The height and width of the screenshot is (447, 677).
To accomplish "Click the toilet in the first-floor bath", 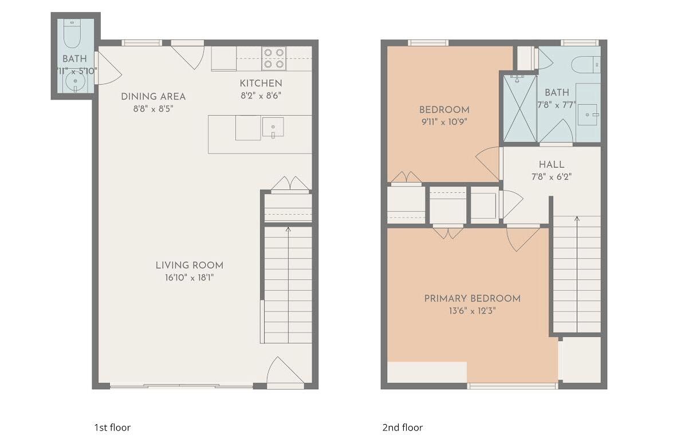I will coord(72,34).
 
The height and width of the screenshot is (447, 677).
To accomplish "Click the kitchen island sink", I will coord(273,128).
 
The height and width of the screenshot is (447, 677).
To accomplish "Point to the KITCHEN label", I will coord(261,83).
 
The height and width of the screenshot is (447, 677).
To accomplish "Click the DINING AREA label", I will coord(153,97).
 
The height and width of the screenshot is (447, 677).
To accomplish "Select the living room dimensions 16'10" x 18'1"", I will coord(189,278).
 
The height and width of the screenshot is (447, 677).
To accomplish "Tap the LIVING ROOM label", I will coord(189,266).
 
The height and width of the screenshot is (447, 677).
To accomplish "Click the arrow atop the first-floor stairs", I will coord(288,230).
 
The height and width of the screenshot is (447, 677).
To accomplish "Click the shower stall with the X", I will coord(519,108).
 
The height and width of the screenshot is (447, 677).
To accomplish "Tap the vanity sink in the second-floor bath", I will coord(588,115).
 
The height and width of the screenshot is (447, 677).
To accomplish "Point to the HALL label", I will coord(551,164).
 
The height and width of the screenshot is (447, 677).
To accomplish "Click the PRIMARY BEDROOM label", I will coord(472,298).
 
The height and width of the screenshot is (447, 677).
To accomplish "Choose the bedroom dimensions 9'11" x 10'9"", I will coord(444,121).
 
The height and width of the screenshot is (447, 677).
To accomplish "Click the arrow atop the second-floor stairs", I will coord(576,219).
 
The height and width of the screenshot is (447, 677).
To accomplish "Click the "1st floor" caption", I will coord(112,428).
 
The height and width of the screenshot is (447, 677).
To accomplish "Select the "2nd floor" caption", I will coord(402,428).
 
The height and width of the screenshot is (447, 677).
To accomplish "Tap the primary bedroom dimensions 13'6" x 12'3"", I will coord(472,311).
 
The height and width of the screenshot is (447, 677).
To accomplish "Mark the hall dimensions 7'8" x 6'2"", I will coord(551,177).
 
